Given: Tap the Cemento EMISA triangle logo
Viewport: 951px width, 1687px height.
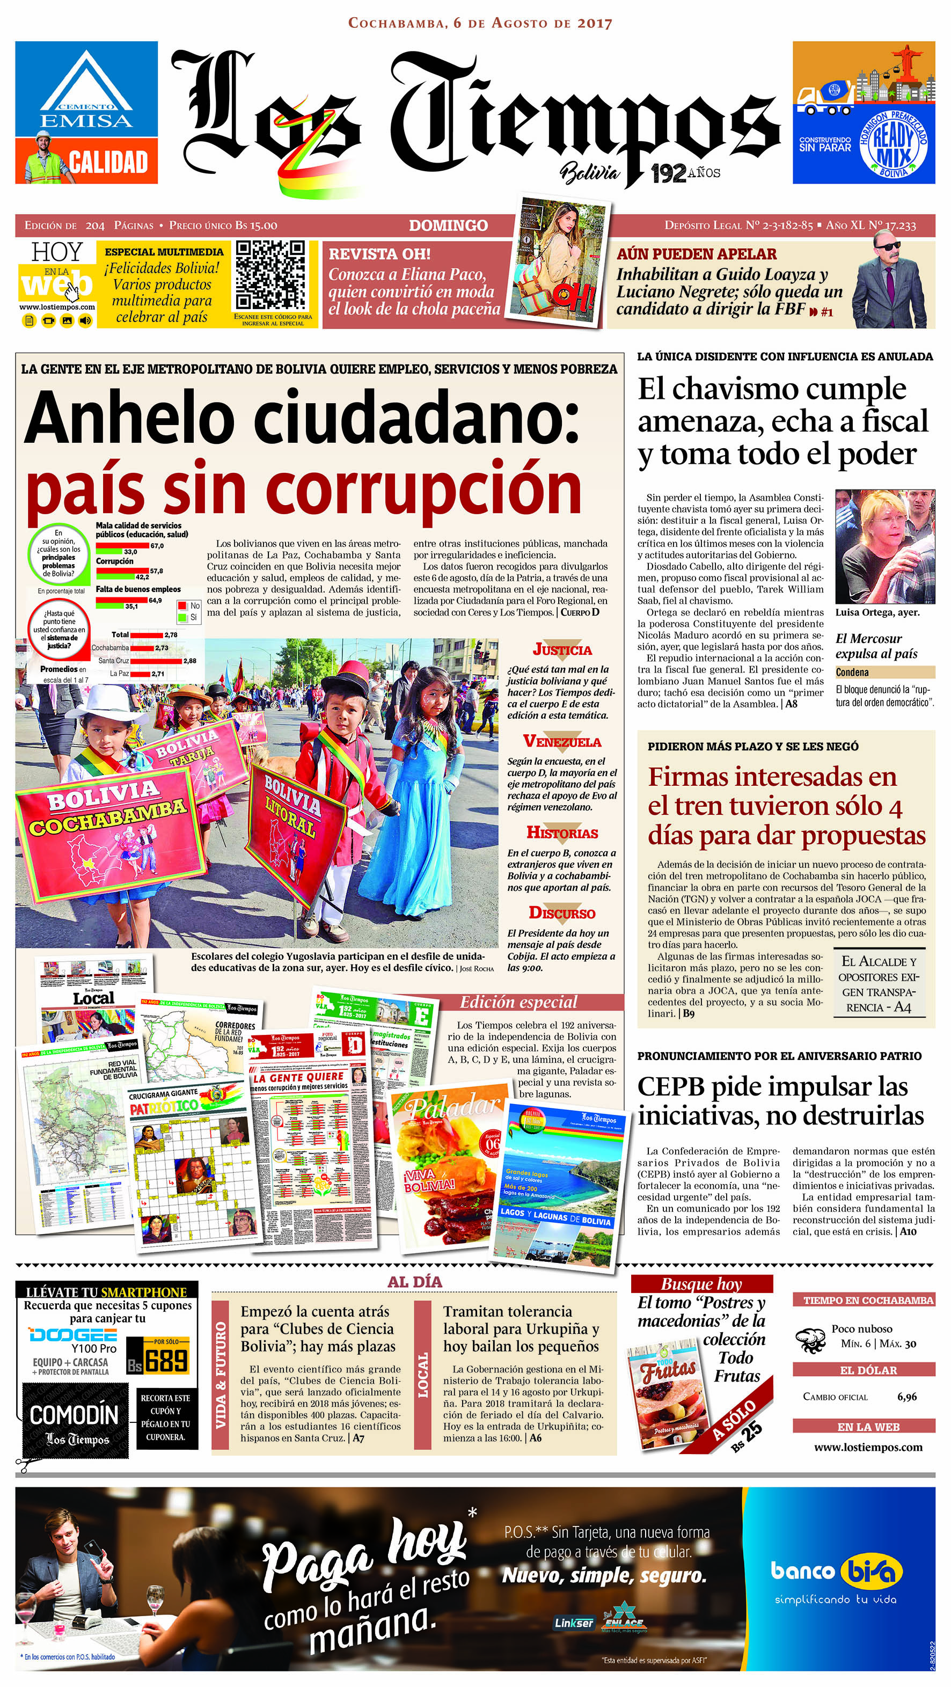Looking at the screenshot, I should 86,83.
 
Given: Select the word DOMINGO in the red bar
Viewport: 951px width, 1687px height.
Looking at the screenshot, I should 448,225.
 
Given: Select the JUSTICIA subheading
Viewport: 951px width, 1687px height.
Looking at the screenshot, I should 562,649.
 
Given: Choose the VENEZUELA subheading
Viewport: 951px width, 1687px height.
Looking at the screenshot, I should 562,741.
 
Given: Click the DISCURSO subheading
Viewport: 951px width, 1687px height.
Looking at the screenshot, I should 562,913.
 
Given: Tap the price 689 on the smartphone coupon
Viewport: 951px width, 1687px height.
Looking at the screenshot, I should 166,1361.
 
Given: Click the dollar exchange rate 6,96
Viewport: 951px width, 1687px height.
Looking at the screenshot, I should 906,1397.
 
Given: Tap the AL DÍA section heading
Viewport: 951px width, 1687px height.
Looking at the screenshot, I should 415,1282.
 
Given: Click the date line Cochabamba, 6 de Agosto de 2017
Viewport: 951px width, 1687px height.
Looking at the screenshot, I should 480,23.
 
